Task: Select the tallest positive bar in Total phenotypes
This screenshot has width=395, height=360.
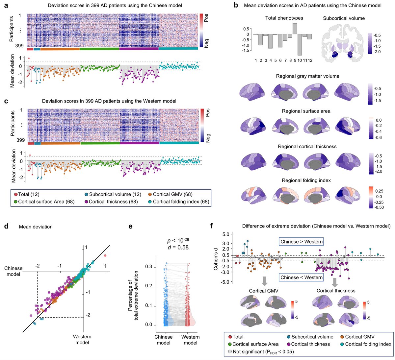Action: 295,29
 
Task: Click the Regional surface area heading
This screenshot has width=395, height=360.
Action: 306,111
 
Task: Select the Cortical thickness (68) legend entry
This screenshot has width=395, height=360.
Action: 107,202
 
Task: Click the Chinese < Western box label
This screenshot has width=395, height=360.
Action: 301,278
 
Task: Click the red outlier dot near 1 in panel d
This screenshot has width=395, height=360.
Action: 105,255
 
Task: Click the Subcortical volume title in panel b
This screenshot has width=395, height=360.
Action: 344,18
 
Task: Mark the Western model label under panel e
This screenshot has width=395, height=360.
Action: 190,340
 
